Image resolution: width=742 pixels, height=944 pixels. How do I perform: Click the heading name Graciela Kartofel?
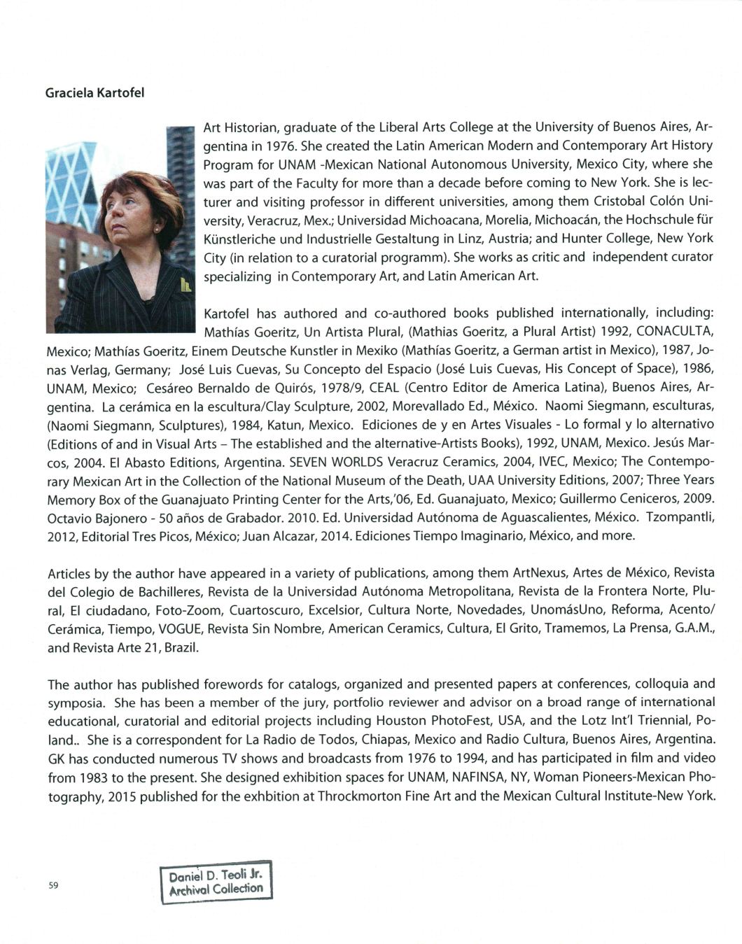[94, 93]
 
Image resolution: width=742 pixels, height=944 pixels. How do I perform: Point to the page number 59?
[53, 885]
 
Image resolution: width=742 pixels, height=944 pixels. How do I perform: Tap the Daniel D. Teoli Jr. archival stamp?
[216, 882]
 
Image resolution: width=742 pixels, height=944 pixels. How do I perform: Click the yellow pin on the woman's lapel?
[185, 285]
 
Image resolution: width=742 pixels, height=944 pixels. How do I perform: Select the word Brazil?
[183, 647]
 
